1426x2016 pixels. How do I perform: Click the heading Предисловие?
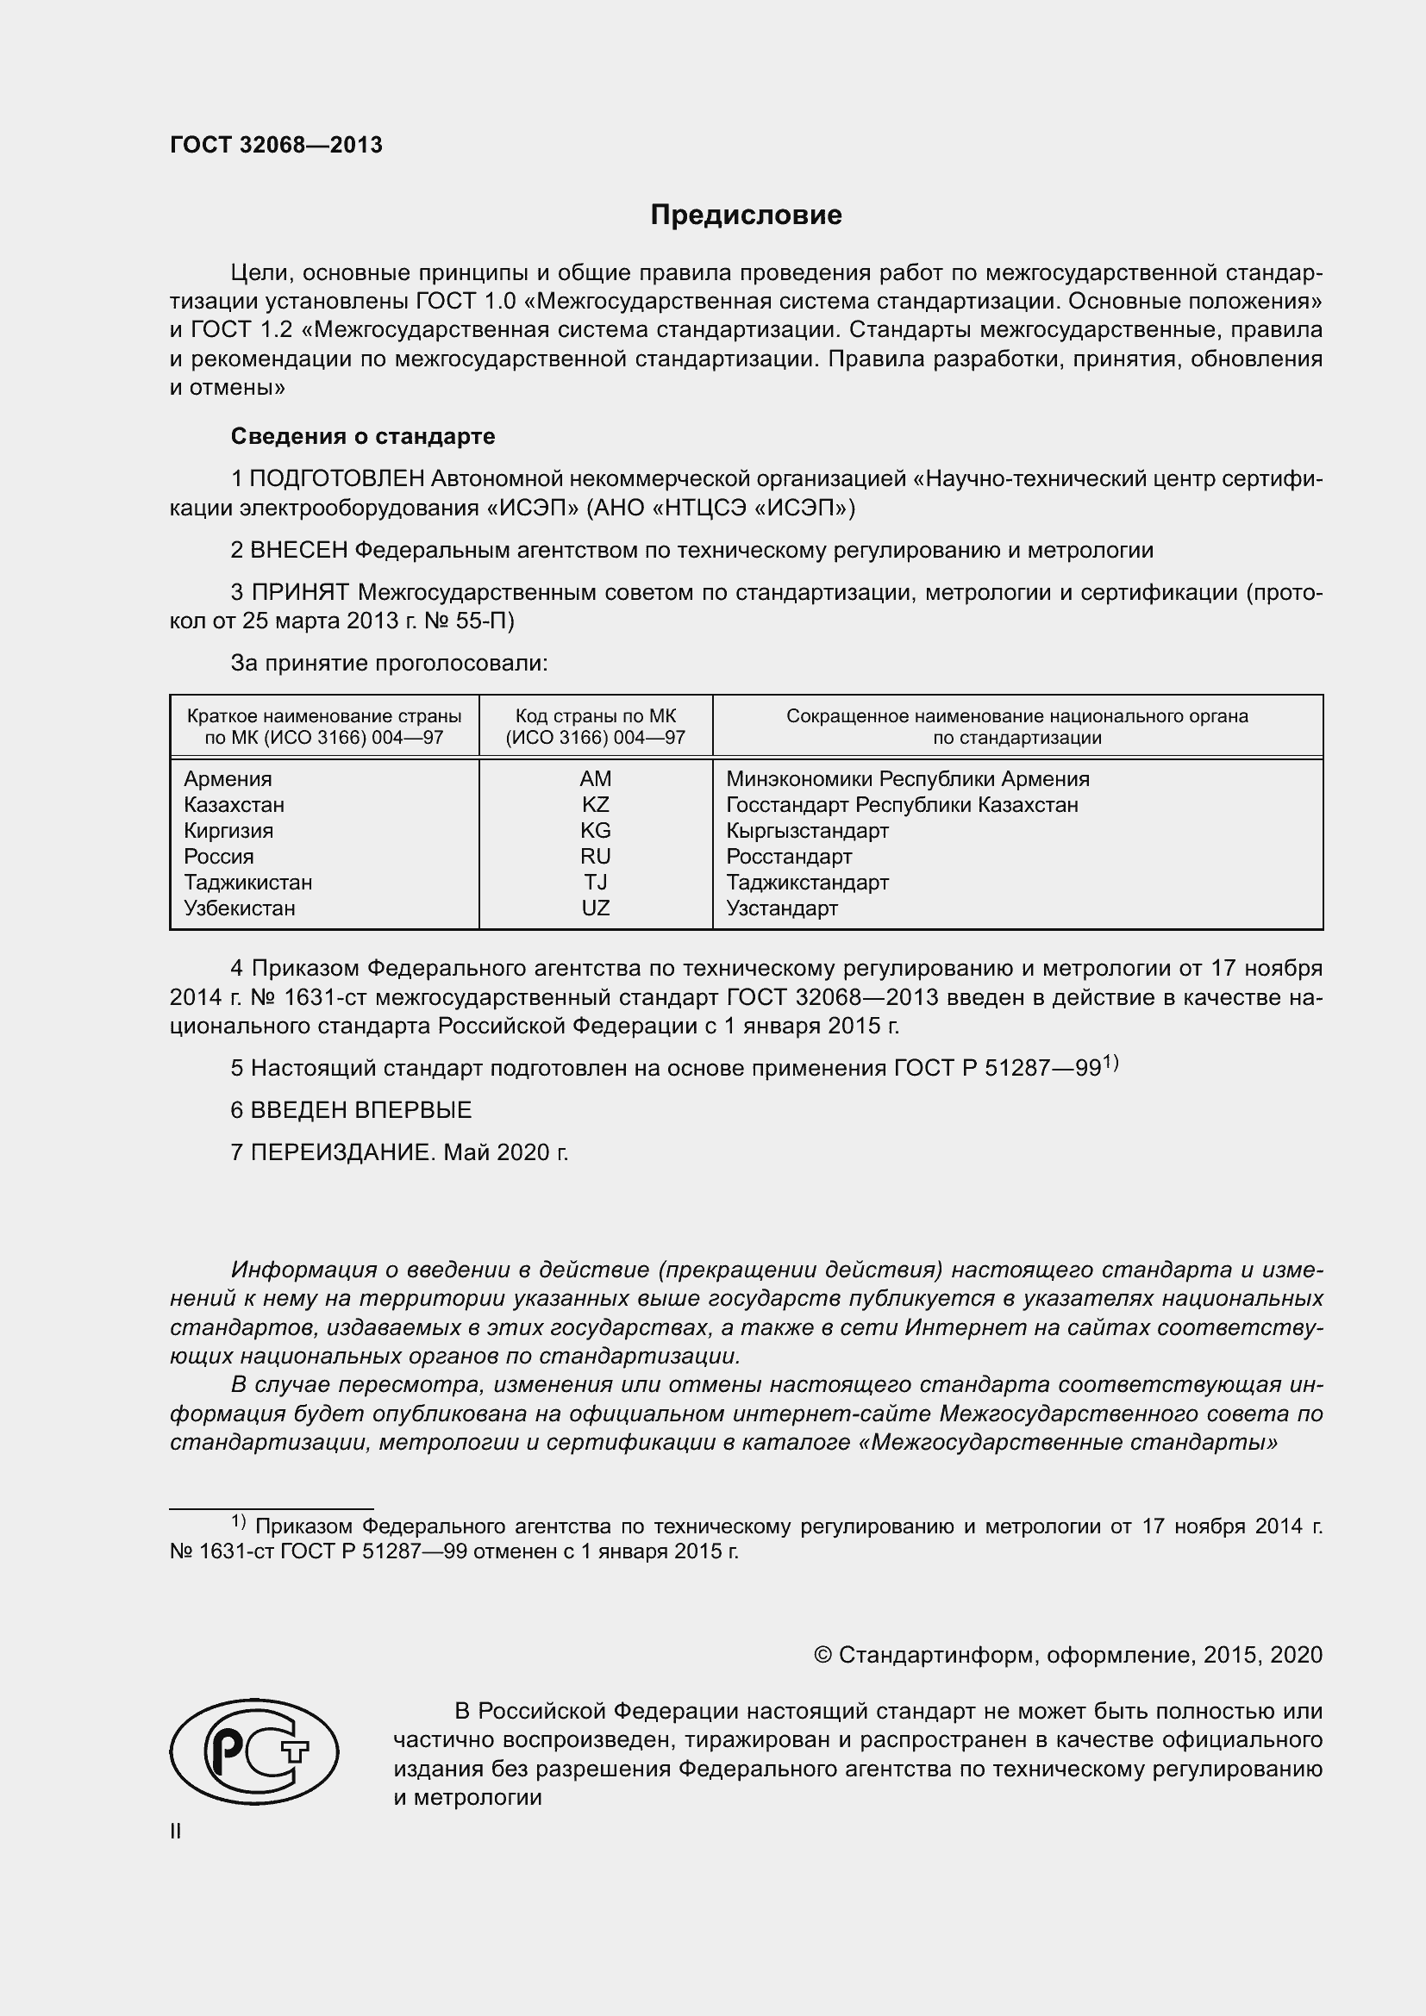[x=746, y=215]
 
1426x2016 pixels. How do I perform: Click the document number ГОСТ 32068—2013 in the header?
[x=276, y=145]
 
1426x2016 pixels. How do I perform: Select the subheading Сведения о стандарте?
[x=363, y=436]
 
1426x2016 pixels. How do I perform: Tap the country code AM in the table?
[x=596, y=779]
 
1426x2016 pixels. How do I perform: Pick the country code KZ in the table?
[x=596, y=804]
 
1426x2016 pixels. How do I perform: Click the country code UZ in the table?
[x=596, y=908]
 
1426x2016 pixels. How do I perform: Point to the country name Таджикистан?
[x=247, y=882]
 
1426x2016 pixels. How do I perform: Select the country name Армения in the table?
[x=228, y=779]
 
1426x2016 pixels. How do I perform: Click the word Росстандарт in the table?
[x=789, y=856]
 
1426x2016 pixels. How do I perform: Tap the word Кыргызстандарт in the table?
[x=807, y=831]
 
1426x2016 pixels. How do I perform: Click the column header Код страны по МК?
[x=596, y=715]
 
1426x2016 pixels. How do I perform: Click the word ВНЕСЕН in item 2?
[x=298, y=551]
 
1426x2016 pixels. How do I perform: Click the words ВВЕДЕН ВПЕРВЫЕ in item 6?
[x=361, y=1110]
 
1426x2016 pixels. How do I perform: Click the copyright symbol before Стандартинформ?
[x=822, y=1655]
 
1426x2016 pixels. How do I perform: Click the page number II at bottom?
[x=176, y=1831]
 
